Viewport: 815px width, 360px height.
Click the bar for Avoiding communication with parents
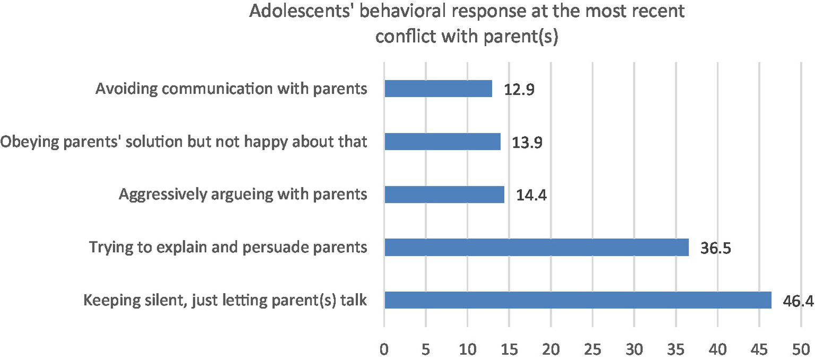438,89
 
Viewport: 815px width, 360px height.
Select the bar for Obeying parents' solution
442,142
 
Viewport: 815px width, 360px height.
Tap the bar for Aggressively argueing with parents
444,194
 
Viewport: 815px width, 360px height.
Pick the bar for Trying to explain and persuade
536,247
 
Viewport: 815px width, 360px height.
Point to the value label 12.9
519,90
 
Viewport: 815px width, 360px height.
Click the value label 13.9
527,142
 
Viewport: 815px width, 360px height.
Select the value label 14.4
531,195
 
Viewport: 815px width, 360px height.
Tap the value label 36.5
716,248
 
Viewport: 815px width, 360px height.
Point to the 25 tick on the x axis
593,349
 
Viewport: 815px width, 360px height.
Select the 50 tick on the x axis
801,349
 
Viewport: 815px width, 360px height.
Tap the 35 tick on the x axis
676,349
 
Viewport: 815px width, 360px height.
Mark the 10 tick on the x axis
467,349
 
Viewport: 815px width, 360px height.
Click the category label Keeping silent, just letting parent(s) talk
226,301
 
